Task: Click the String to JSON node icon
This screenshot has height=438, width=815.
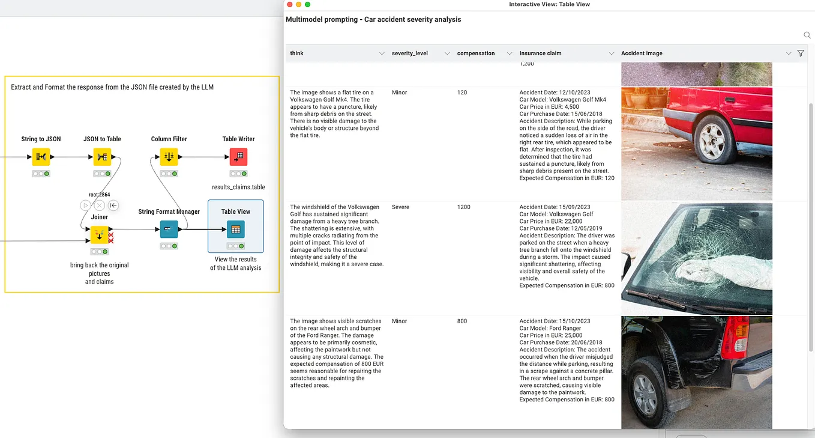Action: [x=41, y=157]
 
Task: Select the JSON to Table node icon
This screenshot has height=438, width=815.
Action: [x=102, y=157]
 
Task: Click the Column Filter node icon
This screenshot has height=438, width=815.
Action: [x=169, y=157]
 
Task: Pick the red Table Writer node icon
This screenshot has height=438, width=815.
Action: [x=238, y=157]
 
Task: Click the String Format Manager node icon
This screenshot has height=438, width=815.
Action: [x=169, y=230]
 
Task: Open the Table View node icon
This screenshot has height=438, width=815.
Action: [x=236, y=230]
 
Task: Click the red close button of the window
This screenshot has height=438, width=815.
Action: [x=290, y=4]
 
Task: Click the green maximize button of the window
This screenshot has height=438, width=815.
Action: [x=308, y=4]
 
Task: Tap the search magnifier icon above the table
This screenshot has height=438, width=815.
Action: [x=807, y=35]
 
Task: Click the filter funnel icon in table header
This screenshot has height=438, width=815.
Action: [x=801, y=53]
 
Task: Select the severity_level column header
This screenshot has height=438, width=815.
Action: [x=409, y=53]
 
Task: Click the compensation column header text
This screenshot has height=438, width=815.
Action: [x=475, y=53]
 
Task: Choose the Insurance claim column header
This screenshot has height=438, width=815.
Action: [x=540, y=53]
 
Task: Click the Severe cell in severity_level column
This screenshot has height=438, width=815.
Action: [x=400, y=207]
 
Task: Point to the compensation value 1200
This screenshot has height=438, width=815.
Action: [x=464, y=207]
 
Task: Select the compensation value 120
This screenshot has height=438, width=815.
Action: [x=462, y=93]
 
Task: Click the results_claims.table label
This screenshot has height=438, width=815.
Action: [x=238, y=187]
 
